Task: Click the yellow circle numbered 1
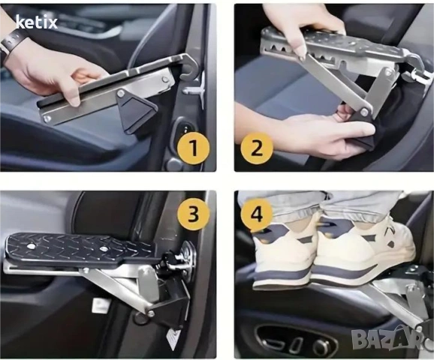[x=194, y=148]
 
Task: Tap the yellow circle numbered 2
[x=257, y=148]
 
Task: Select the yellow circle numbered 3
[x=193, y=214]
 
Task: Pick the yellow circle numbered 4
[x=257, y=214]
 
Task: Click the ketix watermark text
[x=37, y=22]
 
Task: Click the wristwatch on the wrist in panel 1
[x=11, y=39]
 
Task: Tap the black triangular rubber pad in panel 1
[x=136, y=112]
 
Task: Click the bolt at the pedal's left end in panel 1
[x=47, y=119]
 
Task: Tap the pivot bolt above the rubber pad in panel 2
[x=363, y=112]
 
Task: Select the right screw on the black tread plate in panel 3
[x=104, y=248]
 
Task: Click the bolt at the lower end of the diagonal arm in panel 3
[x=151, y=313]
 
